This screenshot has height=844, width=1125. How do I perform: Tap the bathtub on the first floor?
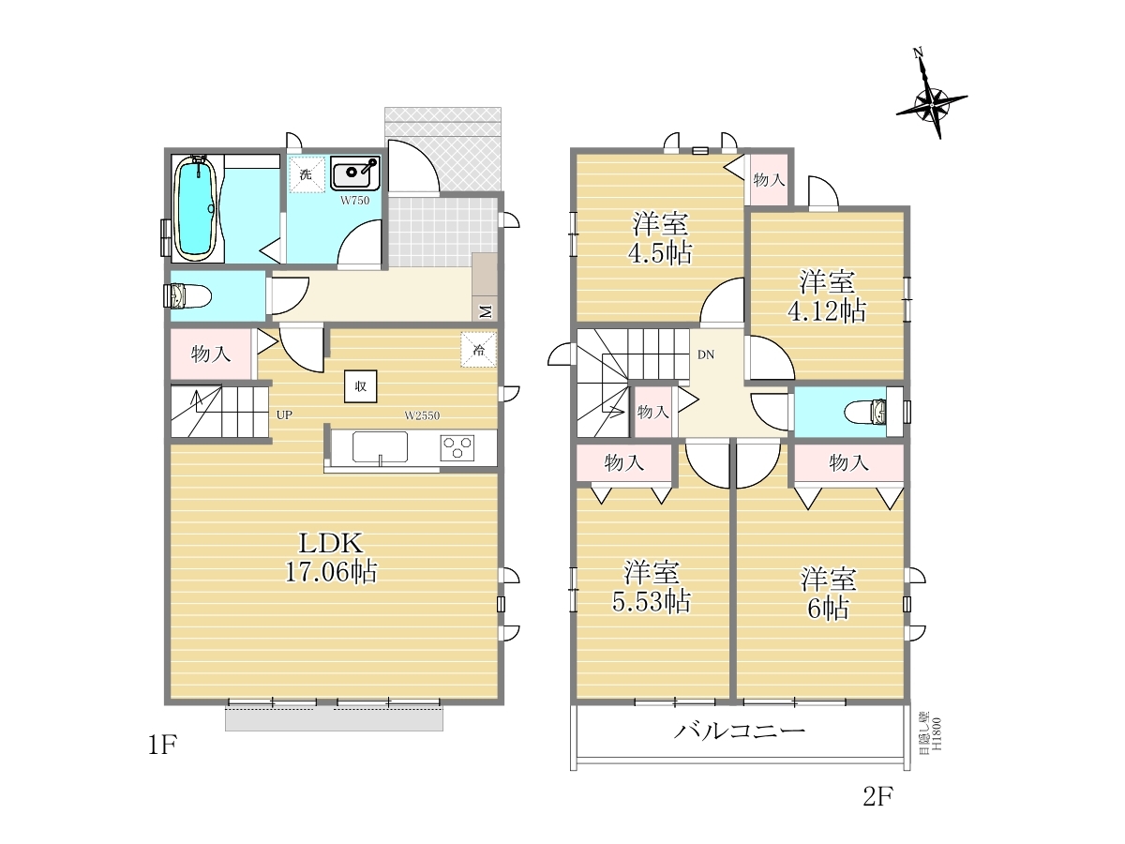(196, 208)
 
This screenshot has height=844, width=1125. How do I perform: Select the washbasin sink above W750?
(355, 174)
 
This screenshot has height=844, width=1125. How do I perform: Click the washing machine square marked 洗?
(306, 174)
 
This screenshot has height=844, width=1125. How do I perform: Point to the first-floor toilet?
(187, 296)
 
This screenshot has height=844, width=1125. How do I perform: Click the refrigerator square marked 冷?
(479, 350)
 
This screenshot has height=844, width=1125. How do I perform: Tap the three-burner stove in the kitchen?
(457, 448)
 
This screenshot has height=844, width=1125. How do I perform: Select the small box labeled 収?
(360, 386)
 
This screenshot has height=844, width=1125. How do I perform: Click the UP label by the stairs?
(284, 415)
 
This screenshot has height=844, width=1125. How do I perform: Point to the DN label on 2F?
(706, 354)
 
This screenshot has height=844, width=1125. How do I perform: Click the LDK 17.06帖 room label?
(331, 558)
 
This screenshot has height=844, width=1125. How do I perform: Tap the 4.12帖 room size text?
(827, 310)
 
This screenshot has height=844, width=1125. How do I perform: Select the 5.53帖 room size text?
(652, 602)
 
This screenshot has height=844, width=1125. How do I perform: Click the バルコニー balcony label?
(740, 731)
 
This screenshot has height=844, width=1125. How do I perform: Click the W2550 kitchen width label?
(422, 415)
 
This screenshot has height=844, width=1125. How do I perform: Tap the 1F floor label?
(162, 745)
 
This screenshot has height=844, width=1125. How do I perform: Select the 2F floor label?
(877, 796)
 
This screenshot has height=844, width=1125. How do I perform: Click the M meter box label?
(486, 311)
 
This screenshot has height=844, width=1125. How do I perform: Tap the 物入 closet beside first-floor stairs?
(211, 354)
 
